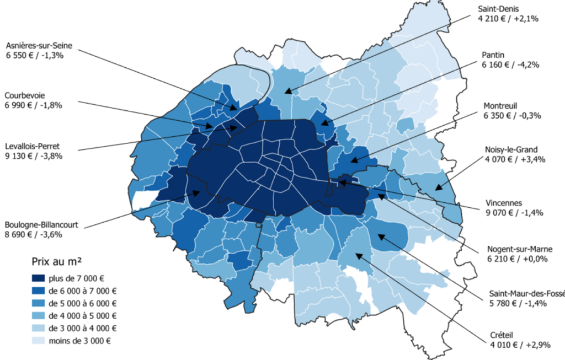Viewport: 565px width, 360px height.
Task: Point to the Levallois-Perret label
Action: (33, 146)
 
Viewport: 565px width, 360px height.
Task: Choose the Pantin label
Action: (493, 55)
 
